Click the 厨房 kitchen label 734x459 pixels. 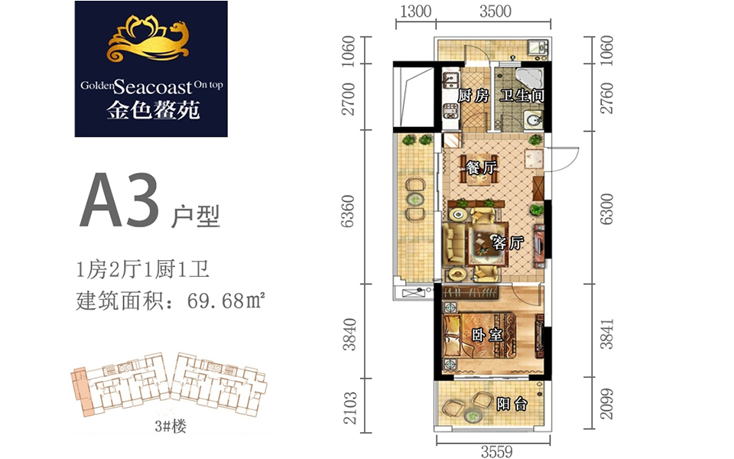click(473, 96)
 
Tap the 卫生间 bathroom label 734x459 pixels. click(522, 96)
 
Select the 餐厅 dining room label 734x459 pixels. click(481, 168)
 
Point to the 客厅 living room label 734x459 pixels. click(508, 243)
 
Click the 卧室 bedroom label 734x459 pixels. click(487, 335)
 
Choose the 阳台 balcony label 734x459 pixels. click(512, 403)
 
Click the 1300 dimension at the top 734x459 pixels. click(416, 11)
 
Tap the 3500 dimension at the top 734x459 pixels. click(495, 11)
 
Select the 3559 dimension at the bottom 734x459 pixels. click(497, 451)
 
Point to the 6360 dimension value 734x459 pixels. click(348, 211)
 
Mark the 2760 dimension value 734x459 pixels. click(606, 98)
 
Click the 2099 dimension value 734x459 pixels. click(606, 404)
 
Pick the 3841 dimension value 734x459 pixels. click(606, 334)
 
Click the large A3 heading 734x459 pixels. click(119, 200)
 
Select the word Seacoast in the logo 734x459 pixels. click(153, 86)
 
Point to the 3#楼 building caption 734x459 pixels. click(171, 427)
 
